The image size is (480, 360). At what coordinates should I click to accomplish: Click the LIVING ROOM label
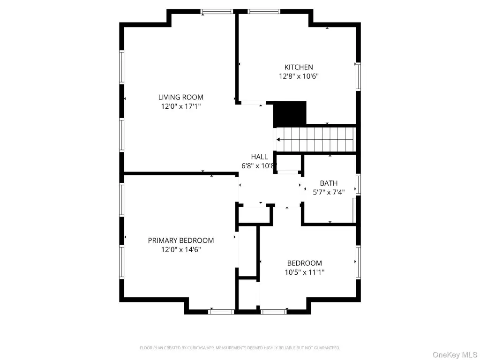click(180, 97)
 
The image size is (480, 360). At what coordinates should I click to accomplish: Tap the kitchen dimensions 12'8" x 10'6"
click(299, 76)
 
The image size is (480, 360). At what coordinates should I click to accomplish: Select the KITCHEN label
click(299, 67)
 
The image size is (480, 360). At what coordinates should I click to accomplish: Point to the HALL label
click(259, 157)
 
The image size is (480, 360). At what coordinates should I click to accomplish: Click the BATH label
click(329, 183)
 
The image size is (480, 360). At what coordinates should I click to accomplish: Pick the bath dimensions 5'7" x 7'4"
click(329, 192)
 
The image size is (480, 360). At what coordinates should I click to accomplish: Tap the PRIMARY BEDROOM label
click(180, 240)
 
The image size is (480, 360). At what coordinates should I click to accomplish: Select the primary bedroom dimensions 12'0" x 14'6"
click(180, 249)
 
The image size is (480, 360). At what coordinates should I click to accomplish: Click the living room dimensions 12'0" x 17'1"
click(180, 106)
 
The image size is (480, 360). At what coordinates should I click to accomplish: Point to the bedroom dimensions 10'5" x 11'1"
click(305, 272)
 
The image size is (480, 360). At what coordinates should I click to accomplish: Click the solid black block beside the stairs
click(290, 113)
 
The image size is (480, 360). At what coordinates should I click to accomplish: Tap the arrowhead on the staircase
click(278, 140)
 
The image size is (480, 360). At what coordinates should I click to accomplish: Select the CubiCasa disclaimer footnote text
click(240, 348)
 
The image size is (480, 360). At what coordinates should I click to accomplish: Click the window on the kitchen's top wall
click(264, 12)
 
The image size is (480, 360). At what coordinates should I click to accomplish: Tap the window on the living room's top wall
click(217, 12)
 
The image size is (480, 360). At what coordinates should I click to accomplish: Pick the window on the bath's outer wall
click(358, 185)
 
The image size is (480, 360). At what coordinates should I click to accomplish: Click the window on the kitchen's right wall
click(358, 76)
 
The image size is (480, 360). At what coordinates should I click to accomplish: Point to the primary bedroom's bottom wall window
click(221, 312)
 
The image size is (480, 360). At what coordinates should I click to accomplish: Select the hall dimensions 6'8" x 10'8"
click(259, 166)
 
